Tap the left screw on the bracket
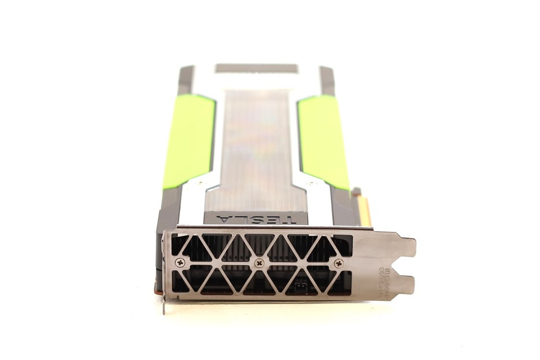(x=180, y=262)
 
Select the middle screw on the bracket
(x=259, y=263)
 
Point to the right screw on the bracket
(x=338, y=263)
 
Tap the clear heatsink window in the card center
(x=256, y=152)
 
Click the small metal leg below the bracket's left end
(x=164, y=307)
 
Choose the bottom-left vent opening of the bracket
(x=181, y=282)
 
